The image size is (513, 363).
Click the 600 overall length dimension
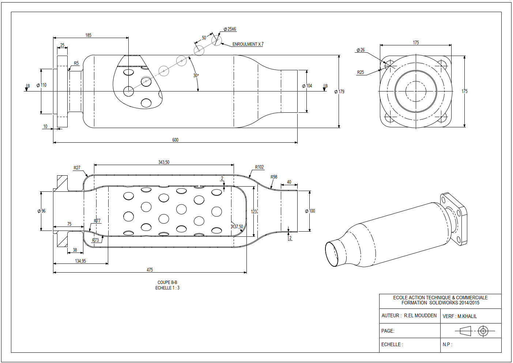[x=175, y=140]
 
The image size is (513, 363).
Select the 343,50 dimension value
[x=164, y=162]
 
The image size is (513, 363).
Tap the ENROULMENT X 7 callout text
[x=248, y=44]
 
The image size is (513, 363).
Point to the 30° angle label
[x=196, y=75]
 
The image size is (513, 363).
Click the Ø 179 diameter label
[x=339, y=91]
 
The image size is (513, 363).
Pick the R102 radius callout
[x=259, y=167]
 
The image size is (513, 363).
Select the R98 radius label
[x=274, y=177]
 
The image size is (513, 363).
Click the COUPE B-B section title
[x=167, y=282]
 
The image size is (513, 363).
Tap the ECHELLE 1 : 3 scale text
[x=167, y=288]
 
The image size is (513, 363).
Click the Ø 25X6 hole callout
[x=230, y=29]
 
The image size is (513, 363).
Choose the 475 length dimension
[x=150, y=270]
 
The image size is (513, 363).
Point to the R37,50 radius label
[x=237, y=227]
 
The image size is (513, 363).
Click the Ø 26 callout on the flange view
[x=361, y=50]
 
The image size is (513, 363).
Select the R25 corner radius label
[x=361, y=72]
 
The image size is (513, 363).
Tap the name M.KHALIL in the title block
[x=467, y=316]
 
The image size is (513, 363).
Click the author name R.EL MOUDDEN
[x=420, y=315]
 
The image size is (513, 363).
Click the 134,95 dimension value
[x=80, y=261]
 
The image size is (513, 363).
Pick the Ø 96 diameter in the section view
[x=42, y=211]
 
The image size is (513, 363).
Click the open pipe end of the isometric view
[x=332, y=254]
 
